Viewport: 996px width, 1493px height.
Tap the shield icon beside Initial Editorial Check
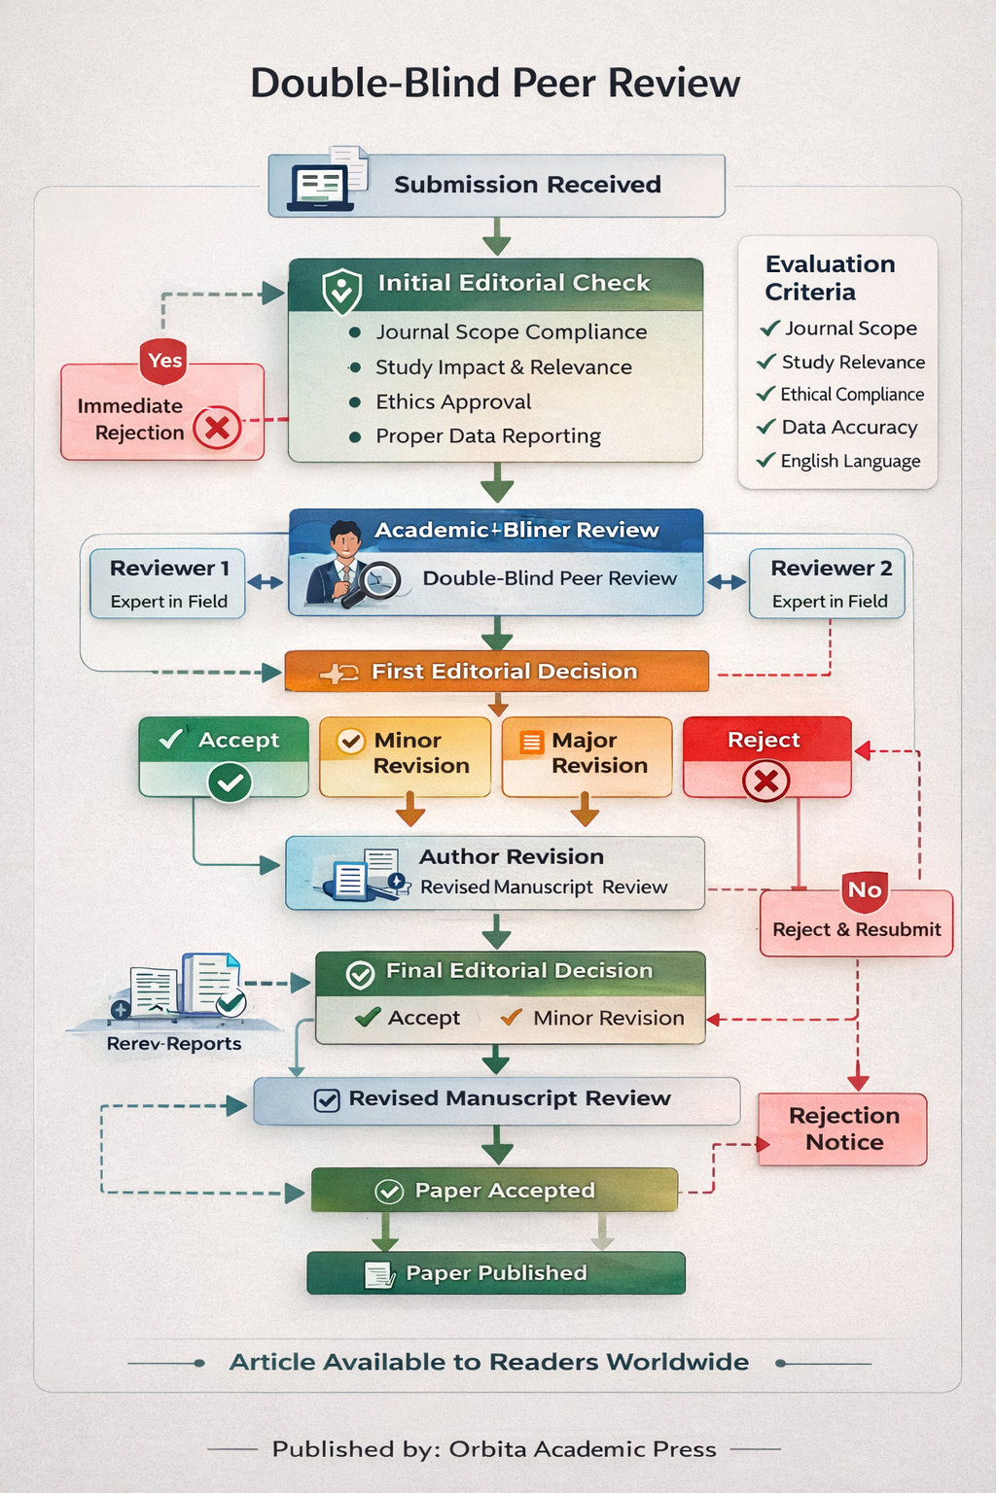coord(341,290)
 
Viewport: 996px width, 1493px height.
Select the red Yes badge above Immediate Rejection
coord(164,361)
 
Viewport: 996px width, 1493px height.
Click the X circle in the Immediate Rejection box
coord(217,428)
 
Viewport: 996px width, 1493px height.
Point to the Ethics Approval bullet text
coord(453,401)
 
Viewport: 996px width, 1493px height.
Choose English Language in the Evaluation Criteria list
coord(850,461)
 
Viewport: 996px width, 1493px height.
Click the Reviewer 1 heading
coord(169,568)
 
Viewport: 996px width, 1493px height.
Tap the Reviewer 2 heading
coord(831,568)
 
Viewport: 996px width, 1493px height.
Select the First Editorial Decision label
coord(504,672)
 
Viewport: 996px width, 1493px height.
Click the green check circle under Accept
coord(230,781)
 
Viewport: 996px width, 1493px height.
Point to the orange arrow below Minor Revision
coord(409,809)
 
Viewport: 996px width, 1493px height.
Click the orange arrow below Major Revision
coord(585,809)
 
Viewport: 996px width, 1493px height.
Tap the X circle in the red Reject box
coord(766,781)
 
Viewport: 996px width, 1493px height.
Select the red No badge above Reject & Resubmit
coord(865,889)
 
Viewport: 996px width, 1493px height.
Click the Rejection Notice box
coord(843,1129)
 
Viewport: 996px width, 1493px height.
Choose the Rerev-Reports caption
coord(174,1044)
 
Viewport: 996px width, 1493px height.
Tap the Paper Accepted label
coord(504,1191)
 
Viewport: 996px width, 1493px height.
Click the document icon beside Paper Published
coord(378,1274)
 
